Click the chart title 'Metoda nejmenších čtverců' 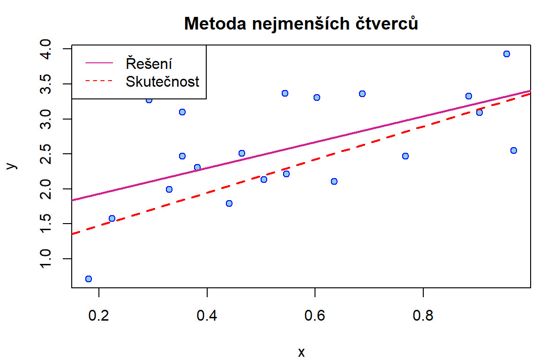coord(301,23)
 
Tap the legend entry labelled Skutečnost coord(162,82)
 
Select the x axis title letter coord(301,352)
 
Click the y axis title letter coord(13,165)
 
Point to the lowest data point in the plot coord(89,279)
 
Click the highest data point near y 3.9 coord(506,54)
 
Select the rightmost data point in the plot coord(513,150)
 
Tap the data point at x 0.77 coord(405,156)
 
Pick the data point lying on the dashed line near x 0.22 coord(112,218)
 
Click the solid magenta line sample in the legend coord(99,63)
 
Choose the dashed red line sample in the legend coord(99,82)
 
